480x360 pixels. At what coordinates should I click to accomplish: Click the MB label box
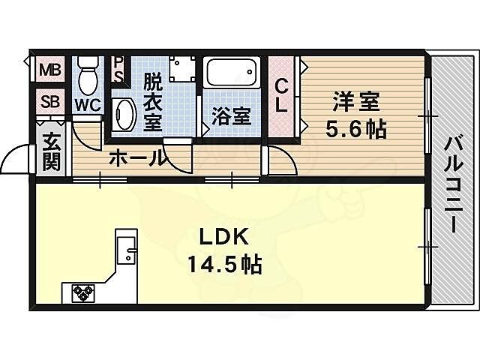tap(51, 71)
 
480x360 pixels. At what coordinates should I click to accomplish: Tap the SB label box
tap(51, 101)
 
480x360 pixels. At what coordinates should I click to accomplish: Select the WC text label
tap(87, 104)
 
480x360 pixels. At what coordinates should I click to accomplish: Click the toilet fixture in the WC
tap(88, 75)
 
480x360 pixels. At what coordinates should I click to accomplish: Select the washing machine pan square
tap(182, 69)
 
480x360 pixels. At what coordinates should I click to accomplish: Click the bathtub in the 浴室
tap(232, 74)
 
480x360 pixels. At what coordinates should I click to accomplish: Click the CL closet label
tap(281, 96)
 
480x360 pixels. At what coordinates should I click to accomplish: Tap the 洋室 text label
tap(355, 101)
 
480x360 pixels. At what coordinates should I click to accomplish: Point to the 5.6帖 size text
tap(355, 129)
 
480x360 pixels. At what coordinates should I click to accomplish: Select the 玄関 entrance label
tap(51, 151)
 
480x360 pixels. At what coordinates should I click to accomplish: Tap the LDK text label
tap(223, 236)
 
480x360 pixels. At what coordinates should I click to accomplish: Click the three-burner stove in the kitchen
tap(82, 292)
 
